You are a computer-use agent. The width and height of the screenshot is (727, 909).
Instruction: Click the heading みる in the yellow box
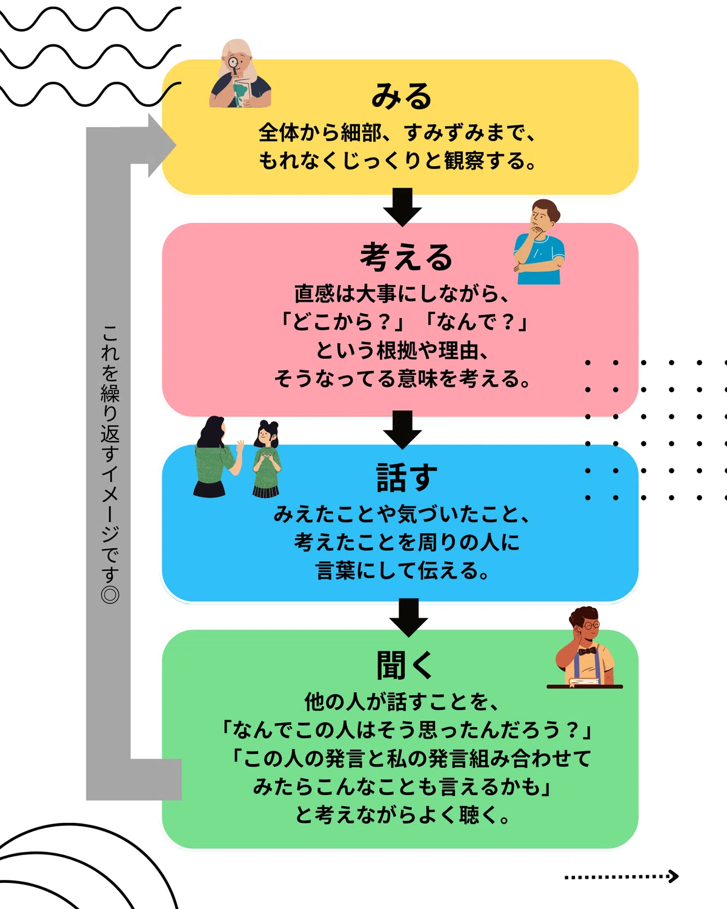click(x=401, y=96)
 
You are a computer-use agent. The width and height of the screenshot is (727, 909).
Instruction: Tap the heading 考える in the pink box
click(x=406, y=256)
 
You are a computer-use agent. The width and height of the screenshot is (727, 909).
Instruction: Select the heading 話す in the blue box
click(x=407, y=478)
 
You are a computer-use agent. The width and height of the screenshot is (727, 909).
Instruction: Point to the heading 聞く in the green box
click(x=405, y=665)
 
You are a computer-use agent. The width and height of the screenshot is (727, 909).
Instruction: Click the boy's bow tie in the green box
click(x=587, y=651)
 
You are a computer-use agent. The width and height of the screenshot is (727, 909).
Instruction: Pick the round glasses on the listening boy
click(x=591, y=625)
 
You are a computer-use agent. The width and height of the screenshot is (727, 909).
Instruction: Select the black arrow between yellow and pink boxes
click(x=402, y=207)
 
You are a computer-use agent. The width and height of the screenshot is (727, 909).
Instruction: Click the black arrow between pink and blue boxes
click(x=402, y=430)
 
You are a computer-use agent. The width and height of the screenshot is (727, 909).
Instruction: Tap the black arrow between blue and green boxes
click(x=408, y=617)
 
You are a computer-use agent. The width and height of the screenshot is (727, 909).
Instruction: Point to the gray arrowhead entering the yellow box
click(x=162, y=145)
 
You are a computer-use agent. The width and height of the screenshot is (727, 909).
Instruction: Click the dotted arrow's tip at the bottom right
click(x=677, y=876)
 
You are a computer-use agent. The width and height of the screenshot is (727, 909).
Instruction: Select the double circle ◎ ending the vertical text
click(x=110, y=594)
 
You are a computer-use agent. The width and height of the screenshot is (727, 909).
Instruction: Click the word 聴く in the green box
click(x=480, y=815)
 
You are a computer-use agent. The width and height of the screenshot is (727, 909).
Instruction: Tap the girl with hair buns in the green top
click(x=267, y=459)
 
